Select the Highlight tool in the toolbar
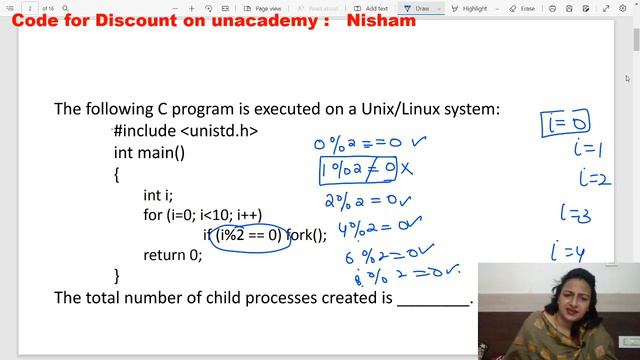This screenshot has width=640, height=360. pos(469,8)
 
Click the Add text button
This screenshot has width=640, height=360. pos(371,8)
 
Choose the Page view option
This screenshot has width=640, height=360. pos(262,8)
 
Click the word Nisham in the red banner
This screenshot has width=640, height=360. pos(380,20)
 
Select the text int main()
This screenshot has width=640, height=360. pos(149,153)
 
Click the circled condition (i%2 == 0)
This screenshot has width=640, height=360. pos(248,236)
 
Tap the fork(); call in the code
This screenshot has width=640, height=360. pos(307,236)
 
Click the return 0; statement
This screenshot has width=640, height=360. pos(172,255)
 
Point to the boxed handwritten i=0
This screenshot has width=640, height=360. pos(565,123)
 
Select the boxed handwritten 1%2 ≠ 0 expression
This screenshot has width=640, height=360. pos(357,169)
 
